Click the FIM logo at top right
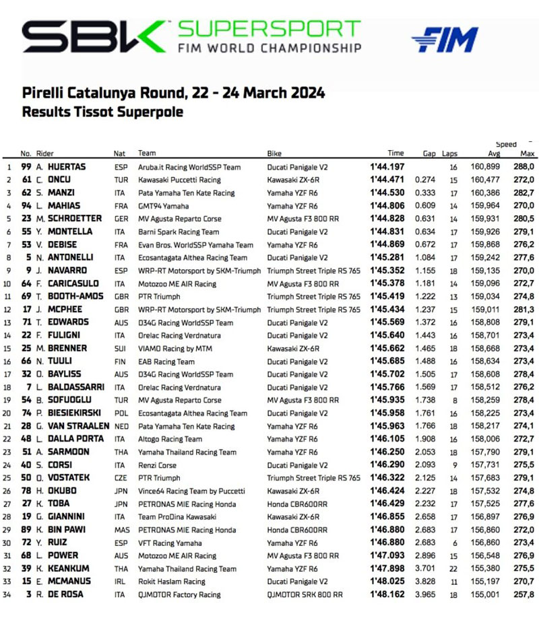(445, 40)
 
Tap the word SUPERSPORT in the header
(269, 30)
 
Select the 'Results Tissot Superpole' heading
(102, 112)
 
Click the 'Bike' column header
(274, 153)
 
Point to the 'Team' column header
(147, 153)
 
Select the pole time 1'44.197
(387, 166)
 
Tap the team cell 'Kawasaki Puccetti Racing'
(179, 180)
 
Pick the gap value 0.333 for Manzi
(425, 193)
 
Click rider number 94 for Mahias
(26, 205)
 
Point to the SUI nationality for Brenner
(119, 348)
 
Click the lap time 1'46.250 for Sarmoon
(387, 452)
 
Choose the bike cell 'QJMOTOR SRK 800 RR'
(305, 595)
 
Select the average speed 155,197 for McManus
(484, 582)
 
